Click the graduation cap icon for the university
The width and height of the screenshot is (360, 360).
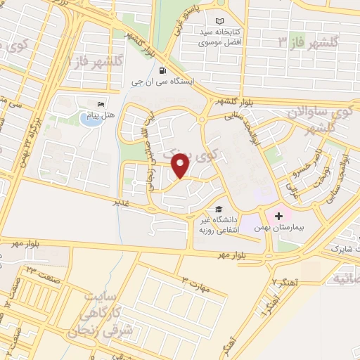click(x=219, y=210)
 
